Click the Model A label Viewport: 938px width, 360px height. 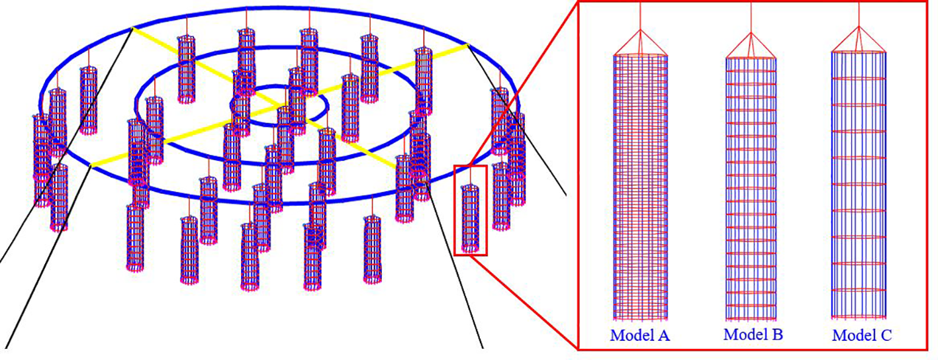click(639, 336)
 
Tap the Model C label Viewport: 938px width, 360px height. click(861, 336)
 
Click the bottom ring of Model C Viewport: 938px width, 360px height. click(859, 316)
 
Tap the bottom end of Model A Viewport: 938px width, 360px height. click(640, 317)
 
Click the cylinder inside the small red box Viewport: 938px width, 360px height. click(470, 218)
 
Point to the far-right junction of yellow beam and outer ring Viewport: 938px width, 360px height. click(468, 45)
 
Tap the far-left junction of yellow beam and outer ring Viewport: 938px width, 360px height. click(91, 165)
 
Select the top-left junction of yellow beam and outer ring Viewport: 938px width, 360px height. click(133, 28)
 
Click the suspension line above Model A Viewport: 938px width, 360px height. click(640, 17)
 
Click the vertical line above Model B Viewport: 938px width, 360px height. click(751, 17)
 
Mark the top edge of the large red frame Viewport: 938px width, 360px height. click(755, 2)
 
